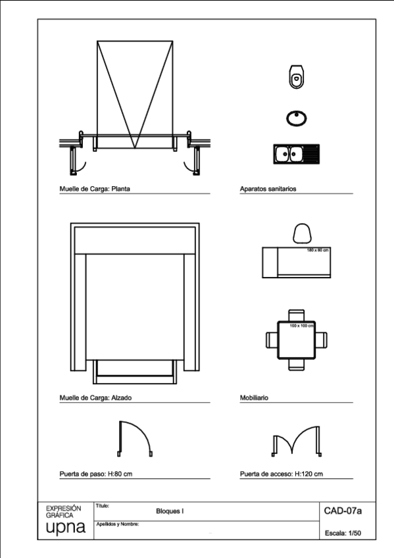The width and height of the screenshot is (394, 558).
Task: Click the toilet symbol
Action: pos(296,78)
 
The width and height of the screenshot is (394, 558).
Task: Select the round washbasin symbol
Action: pos(296,118)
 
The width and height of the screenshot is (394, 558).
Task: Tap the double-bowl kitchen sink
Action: pos(295,154)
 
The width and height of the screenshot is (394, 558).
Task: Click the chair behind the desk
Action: pos(302,234)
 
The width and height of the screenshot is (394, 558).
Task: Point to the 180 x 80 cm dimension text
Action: pos(317,250)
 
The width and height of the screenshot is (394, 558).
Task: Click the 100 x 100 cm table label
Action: pos(302,326)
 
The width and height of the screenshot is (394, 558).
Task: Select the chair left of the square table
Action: pos(271,340)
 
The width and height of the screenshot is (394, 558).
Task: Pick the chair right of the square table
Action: pos(320,340)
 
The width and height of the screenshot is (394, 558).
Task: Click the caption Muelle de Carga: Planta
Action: pos(93,188)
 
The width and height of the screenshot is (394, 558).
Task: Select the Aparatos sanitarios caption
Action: pos(269,188)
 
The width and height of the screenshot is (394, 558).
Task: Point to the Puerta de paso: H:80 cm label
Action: pos(97,473)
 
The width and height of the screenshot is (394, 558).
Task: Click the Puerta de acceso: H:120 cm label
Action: pos(282,473)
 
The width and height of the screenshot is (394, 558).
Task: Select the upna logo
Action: pos(65,529)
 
